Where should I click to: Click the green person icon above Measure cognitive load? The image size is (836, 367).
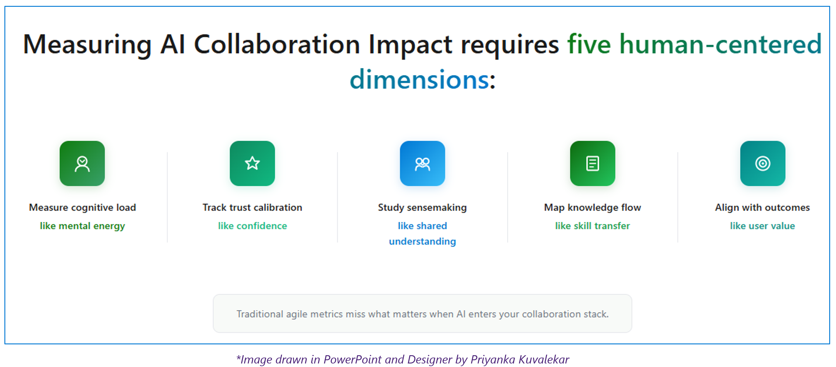tap(82, 163)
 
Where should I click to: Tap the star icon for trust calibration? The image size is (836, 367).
tap(252, 163)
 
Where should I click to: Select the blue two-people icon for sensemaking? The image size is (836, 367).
tap(422, 163)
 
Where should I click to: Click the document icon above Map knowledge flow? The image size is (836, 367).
tap(592, 163)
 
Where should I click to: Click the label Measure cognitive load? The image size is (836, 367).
tap(82, 207)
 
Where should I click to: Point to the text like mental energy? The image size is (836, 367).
tap(82, 226)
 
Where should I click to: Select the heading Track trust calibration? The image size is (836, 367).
tap(252, 207)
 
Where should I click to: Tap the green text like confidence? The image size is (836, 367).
tap(252, 226)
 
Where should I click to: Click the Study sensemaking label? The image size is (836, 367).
tap(422, 207)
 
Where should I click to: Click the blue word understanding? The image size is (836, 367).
tap(422, 241)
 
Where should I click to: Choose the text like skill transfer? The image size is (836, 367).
tap(592, 226)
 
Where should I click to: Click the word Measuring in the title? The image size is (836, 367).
tap(87, 45)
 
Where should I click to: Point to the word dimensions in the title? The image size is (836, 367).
tap(419, 79)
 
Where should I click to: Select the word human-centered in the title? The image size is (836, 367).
tap(720, 44)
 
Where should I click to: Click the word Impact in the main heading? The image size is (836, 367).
tap(410, 45)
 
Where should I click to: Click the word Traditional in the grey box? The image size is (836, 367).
tap(260, 314)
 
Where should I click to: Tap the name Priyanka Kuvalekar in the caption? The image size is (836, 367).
tap(520, 360)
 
